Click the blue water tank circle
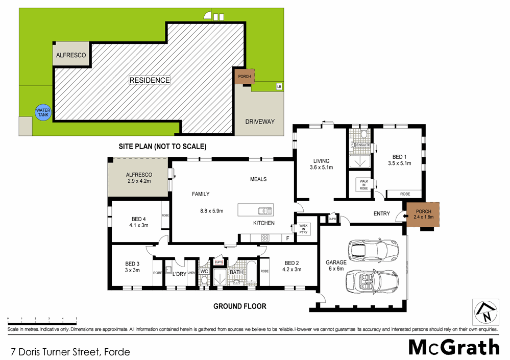[43, 112]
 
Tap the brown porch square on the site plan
[243, 77]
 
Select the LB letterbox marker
[279, 87]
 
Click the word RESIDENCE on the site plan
[149, 80]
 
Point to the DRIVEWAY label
[260, 122]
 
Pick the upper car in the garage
[372, 251]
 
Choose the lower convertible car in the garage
[372, 280]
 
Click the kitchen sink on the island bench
[265, 210]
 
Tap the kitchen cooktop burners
[266, 237]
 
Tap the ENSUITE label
[362, 146]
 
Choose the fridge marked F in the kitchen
[287, 238]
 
